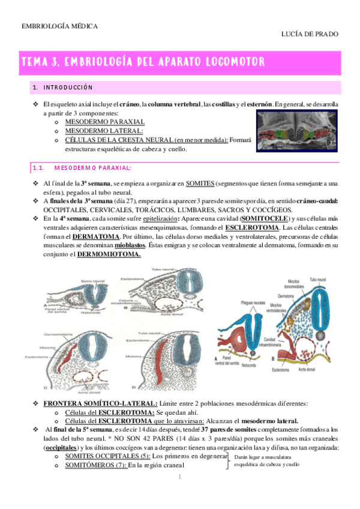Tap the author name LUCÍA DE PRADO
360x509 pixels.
pyautogui.click(x=310, y=35)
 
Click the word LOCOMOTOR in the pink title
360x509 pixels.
pyautogui.click(x=227, y=62)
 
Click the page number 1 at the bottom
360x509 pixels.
pyautogui.click(x=179, y=477)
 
